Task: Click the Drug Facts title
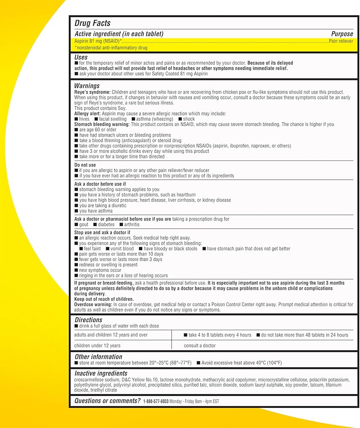(92, 23)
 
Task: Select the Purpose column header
(342, 34)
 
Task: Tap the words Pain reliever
(341, 41)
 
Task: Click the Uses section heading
(81, 57)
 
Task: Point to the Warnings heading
(87, 86)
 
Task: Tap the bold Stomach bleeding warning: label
(102, 124)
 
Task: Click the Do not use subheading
(85, 165)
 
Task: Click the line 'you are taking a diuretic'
(103, 205)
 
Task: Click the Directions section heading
(89, 320)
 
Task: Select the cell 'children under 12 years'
(97, 345)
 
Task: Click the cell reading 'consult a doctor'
(200, 345)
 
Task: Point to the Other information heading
(98, 357)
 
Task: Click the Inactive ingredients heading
(101, 373)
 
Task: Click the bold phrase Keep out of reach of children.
(104, 299)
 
